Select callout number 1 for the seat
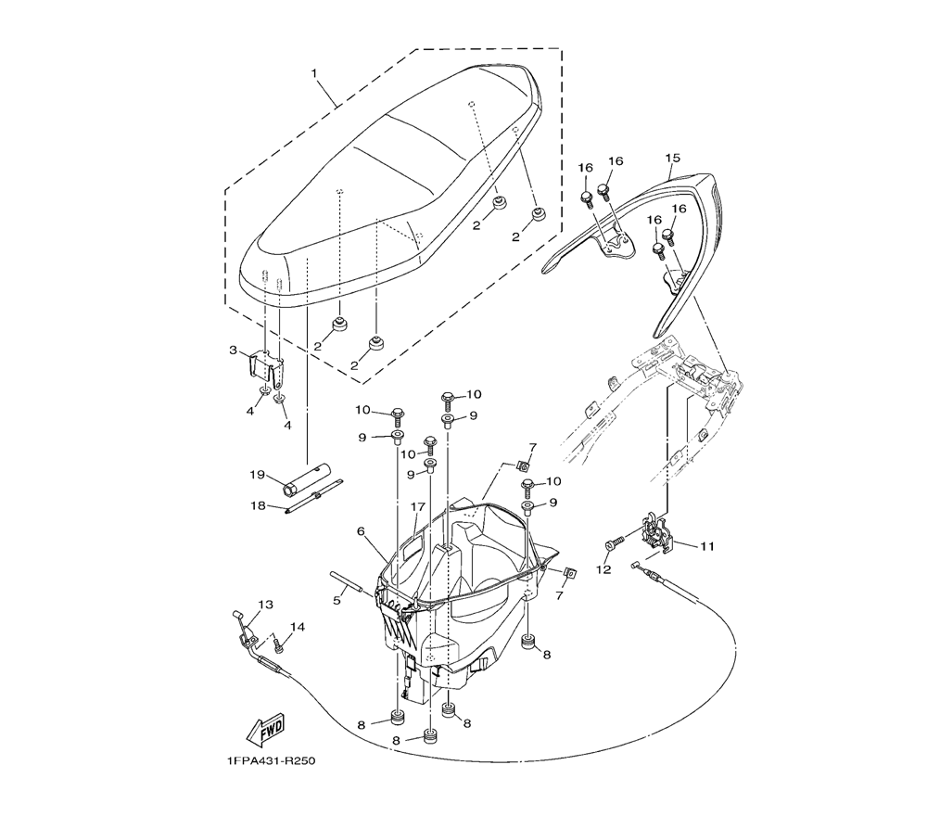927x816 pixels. [313, 72]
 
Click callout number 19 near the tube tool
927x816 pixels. [257, 476]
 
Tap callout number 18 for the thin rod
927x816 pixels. [257, 505]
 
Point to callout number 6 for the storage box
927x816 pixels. [361, 531]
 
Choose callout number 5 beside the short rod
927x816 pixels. [337, 600]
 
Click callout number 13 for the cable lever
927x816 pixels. [266, 605]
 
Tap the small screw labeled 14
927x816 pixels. [275, 642]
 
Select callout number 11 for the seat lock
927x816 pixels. [706, 546]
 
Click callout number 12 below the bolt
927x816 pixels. [604, 570]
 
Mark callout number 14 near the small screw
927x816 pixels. [296, 628]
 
